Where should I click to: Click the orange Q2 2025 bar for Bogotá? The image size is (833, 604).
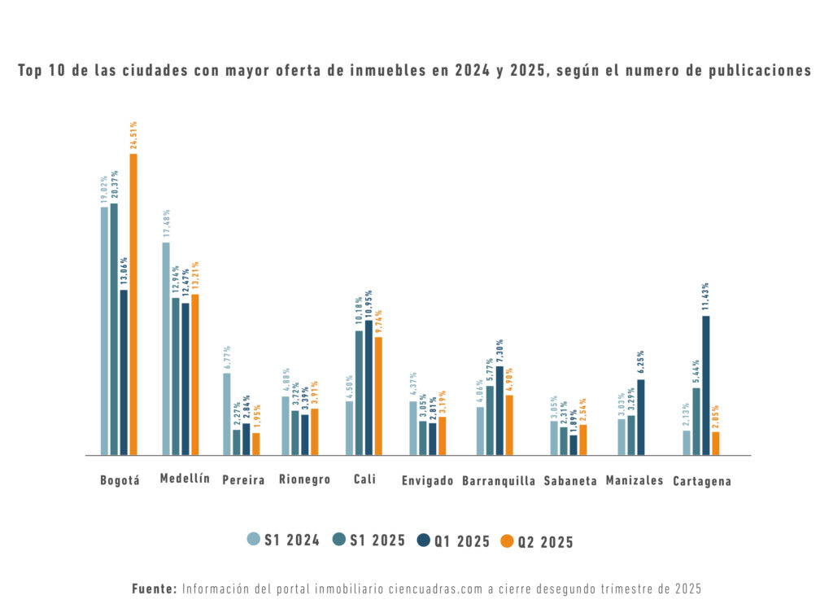[x=133, y=304]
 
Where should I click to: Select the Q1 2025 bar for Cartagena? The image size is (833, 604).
[x=706, y=385]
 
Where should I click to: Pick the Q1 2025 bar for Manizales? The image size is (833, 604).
[x=641, y=417]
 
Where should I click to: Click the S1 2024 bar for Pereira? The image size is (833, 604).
[x=227, y=414]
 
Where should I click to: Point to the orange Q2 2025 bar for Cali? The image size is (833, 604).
[x=378, y=396]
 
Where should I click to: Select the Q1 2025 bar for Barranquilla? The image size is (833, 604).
[x=499, y=410]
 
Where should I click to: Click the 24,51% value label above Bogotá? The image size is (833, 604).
[x=133, y=134]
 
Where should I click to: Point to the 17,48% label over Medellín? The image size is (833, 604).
[x=166, y=224]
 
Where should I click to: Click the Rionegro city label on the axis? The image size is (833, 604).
[x=304, y=479]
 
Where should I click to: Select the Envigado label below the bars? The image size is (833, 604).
[x=427, y=481]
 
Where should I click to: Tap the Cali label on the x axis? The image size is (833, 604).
[x=364, y=479]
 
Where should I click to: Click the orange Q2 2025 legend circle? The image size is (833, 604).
[x=506, y=541]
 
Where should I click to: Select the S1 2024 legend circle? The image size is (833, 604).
[x=254, y=539]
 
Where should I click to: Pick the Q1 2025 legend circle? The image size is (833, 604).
[x=423, y=540]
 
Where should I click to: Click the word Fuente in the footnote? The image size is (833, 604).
[x=154, y=588]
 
